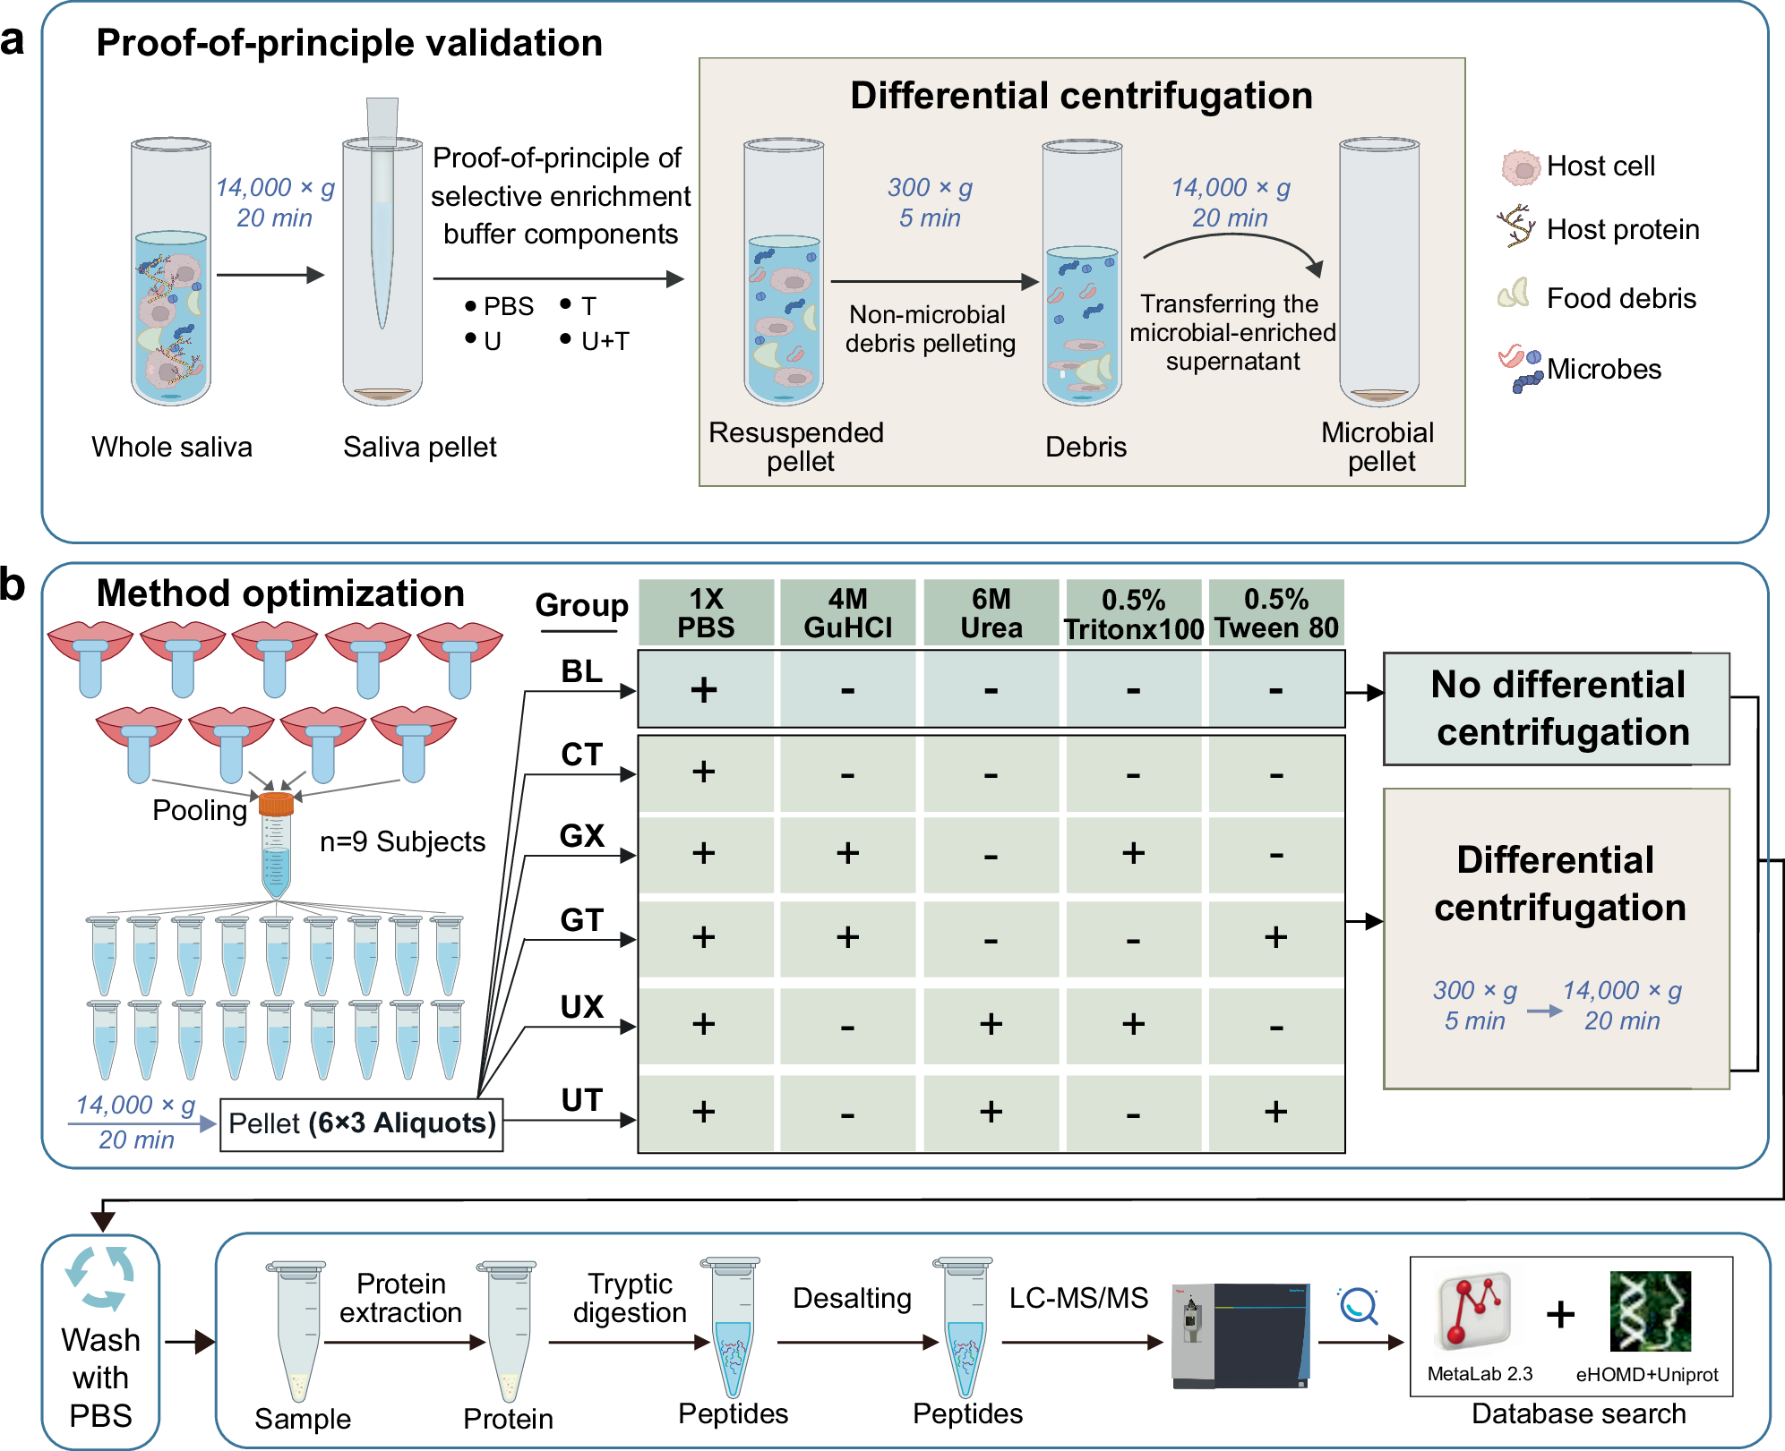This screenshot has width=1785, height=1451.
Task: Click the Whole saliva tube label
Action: click(x=172, y=447)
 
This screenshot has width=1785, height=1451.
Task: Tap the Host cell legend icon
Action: click(x=1519, y=167)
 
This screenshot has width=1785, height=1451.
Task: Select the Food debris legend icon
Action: click(x=1514, y=294)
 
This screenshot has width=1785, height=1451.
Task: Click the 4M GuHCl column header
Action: click(x=847, y=613)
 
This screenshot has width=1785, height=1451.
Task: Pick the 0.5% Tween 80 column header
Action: click(x=1276, y=613)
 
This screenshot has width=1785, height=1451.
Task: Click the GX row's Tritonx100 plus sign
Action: click(x=1133, y=853)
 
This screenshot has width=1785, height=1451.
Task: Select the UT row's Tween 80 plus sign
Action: click(x=1275, y=1112)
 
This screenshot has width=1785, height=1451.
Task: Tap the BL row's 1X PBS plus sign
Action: click(x=704, y=690)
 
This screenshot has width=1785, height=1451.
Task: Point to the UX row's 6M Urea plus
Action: click(x=991, y=1024)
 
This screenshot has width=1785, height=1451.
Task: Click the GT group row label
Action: click(x=582, y=920)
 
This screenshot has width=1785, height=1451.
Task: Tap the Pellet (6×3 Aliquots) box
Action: click(x=362, y=1123)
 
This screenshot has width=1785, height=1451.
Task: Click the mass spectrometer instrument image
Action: click(x=1240, y=1336)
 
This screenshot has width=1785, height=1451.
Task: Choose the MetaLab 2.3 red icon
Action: click(x=1473, y=1311)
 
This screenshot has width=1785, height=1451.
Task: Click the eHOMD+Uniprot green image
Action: click(x=1650, y=1311)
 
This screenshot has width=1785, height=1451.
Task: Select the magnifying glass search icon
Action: click(x=1359, y=1306)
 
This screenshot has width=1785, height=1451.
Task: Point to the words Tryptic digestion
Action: click(x=630, y=1298)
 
